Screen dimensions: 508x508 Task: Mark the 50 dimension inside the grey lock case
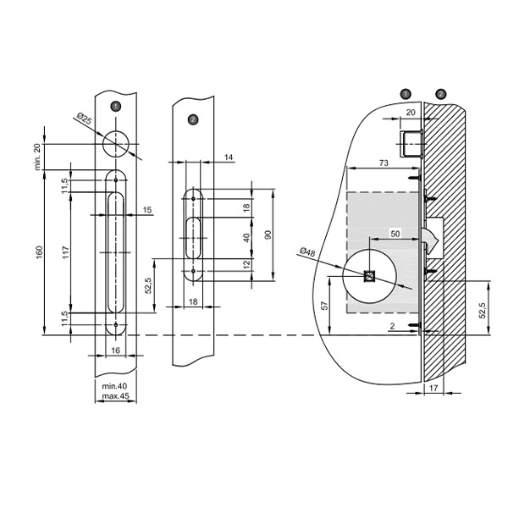tap(395, 231)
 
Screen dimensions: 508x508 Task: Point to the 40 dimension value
tap(246, 238)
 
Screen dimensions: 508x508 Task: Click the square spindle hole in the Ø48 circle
tap(370, 276)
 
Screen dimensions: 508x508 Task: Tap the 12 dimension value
tap(246, 265)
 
